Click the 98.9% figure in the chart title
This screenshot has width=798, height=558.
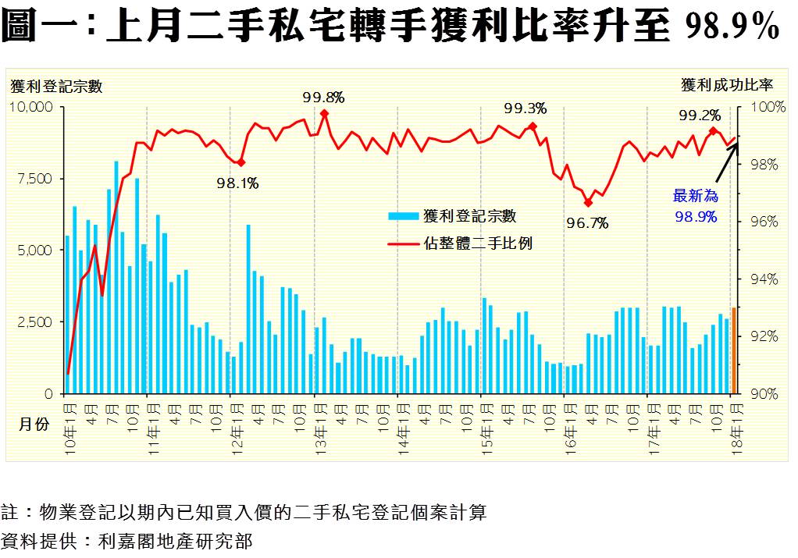(732, 27)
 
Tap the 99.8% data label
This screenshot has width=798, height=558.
(323, 97)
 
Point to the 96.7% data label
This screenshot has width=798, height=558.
(587, 223)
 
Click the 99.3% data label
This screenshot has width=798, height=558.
(525, 108)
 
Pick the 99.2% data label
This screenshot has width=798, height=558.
(700, 116)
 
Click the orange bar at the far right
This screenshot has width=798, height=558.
(733, 350)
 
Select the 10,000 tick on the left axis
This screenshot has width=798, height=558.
(29, 106)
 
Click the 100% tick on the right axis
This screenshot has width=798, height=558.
(768, 106)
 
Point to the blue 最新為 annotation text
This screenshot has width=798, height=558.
(695, 196)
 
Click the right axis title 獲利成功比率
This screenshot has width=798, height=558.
(726, 84)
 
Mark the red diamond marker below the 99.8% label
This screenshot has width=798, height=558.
(324, 114)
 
